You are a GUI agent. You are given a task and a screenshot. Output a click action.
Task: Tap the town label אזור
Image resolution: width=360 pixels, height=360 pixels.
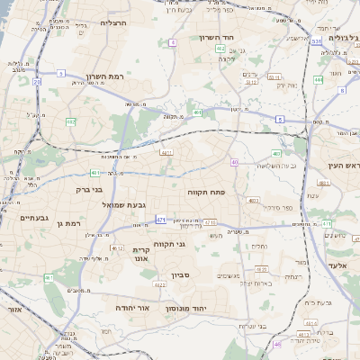pos(13,309)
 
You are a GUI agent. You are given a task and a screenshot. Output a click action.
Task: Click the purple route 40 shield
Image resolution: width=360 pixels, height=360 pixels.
pos(234,162)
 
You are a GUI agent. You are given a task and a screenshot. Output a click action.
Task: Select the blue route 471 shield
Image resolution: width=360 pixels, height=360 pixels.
pos(161,220)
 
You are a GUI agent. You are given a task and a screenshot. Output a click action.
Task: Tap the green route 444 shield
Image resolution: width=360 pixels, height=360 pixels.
pos(318,81)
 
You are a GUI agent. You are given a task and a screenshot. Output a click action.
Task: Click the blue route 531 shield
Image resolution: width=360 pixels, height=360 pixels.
pos(316,41)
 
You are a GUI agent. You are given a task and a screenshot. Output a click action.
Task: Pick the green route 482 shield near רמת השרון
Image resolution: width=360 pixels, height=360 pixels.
pos(71,121)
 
